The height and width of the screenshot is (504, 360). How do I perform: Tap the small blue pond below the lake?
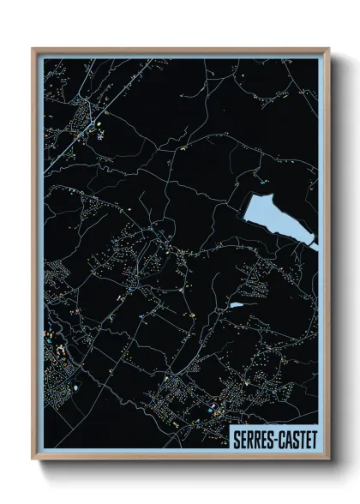237,304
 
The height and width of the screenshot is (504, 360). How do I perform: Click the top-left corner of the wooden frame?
33,49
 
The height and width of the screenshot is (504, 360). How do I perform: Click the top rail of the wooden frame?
180,49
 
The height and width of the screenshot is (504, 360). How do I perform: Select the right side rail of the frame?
327,257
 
